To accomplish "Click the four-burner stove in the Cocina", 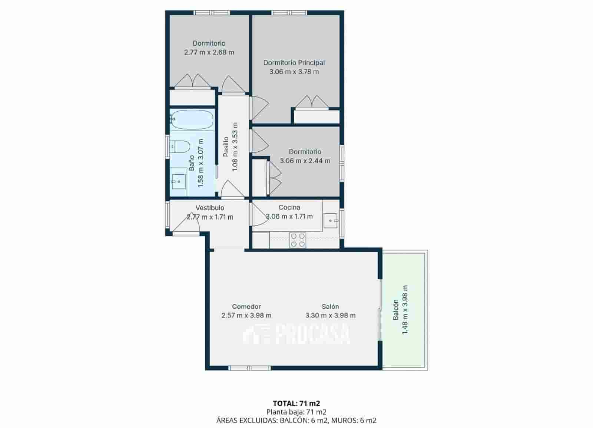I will (x=298, y=240).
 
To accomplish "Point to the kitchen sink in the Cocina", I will (x=331, y=221).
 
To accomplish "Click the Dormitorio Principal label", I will (x=294, y=63).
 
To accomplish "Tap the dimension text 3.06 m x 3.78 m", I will (x=294, y=72).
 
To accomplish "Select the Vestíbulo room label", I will (x=210, y=208).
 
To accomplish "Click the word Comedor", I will (x=246, y=306).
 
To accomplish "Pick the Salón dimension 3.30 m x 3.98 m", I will (x=330, y=316).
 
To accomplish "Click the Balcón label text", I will (x=396, y=310).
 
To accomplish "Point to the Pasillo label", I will (x=226, y=147).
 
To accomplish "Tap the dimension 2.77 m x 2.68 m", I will (x=209, y=52).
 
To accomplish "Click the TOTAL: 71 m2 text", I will (x=296, y=403).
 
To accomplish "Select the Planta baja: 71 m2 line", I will (x=296, y=412).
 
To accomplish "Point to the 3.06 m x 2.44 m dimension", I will (x=305, y=161).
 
